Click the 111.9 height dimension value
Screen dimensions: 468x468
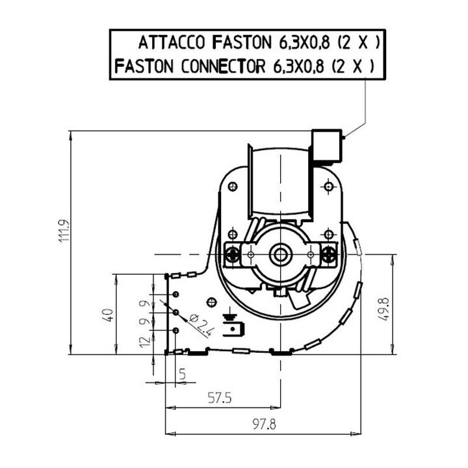click(64, 231)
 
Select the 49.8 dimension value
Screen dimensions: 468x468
click(383, 309)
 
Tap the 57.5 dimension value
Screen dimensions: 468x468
click(220, 398)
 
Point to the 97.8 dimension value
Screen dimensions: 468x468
click(264, 424)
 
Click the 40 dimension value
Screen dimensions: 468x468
click(108, 315)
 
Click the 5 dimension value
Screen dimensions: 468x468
click(183, 374)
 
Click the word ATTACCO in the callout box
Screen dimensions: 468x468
click(172, 42)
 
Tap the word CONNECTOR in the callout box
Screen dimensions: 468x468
click(223, 66)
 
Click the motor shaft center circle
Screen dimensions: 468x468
click(280, 254)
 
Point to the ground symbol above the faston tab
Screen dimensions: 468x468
click(229, 317)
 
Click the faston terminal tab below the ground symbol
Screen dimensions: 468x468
click(233, 329)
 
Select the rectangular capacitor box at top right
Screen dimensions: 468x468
click(326, 146)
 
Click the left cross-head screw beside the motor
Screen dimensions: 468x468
click(232, 255)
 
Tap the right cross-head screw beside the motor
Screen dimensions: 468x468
click(328, 255)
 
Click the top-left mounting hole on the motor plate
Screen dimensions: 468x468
click(233, 187)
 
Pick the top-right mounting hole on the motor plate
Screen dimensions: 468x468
click(329, 187)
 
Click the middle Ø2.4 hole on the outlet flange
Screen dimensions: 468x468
click(175, 312)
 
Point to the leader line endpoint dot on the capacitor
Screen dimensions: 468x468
click(344, 138)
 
